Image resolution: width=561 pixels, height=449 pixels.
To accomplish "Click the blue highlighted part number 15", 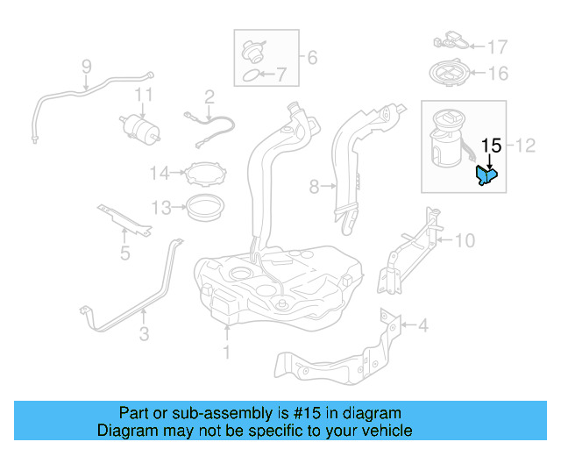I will pos(485,176).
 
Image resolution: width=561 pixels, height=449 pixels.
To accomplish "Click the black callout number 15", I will pos(492,146).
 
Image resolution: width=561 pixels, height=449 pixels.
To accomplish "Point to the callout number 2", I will pos(209,96).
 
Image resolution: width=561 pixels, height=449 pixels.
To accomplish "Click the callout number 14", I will pos(159,173).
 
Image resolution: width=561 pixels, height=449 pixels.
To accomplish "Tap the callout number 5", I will pos(124,254).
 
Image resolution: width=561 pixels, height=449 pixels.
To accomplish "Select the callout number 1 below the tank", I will pos(226,353).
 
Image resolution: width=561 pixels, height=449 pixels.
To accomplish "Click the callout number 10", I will pos(465,239).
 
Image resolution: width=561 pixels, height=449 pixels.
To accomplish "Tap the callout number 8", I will pos(315,186).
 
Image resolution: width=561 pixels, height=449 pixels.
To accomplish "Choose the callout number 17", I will pos(497,46).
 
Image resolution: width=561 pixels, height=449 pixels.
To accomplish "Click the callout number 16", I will pos(497,74).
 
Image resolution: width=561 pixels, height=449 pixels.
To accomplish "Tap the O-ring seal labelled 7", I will pos(252,76).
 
